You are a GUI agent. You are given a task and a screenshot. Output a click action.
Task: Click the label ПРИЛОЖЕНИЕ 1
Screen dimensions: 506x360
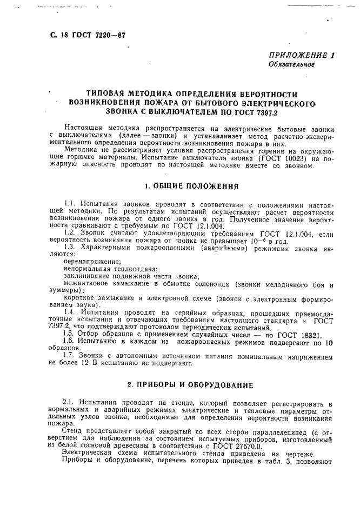click(x=302, y=55)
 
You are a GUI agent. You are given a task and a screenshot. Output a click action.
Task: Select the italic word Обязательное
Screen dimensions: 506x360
click(x=292, y=64)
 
